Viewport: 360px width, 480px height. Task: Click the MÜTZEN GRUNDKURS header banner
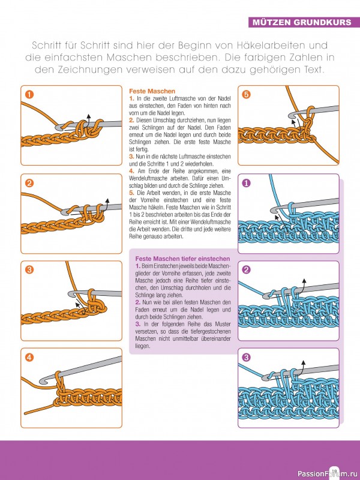pyautogui.click(x=303, y=23)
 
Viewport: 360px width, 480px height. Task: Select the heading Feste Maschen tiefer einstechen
pyautogui.click(x=176, y=258)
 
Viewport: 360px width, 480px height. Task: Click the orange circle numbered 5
pyautogui.click(x=246, y=94)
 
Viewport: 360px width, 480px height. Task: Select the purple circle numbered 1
pyautogui.click(x=246, y=183)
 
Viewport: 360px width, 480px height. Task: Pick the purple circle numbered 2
pyautogui.click(x=246, y=270)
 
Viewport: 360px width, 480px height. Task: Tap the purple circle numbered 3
pyautogui.click(x=246, y=358)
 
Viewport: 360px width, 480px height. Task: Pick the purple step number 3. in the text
pyautogui.click(x=138, y=325)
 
